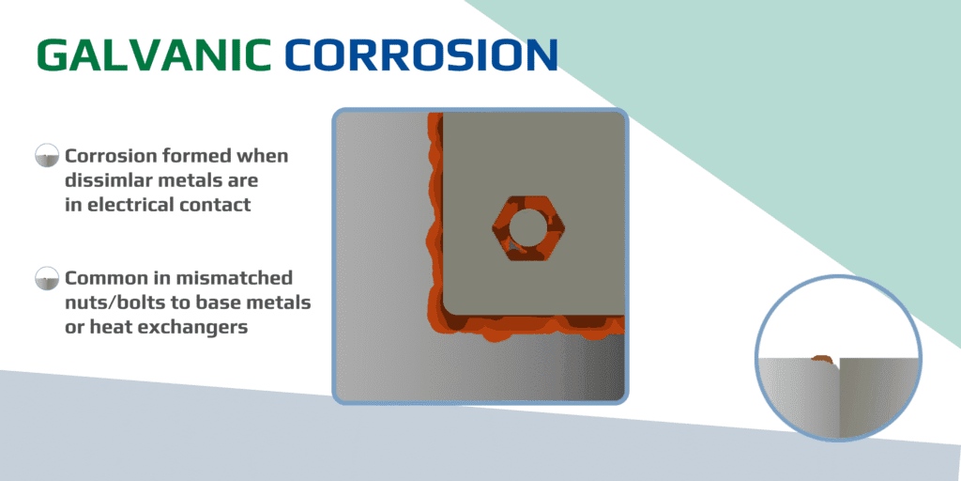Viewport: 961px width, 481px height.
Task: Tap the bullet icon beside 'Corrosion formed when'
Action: (45, 156)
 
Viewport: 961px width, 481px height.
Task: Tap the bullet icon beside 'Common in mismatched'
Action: (45, 278)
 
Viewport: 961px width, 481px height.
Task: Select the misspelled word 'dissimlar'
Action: (110, 179)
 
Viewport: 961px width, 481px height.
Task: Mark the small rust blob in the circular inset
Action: (823, 358)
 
